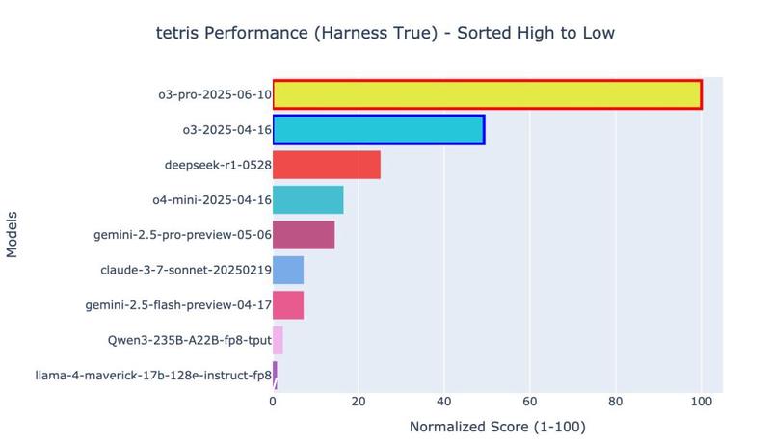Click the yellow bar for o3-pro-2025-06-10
tap(487, 94)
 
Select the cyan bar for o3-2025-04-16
tap(378, 129)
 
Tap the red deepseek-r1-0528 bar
tap(326, 165)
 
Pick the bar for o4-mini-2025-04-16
tap(307, 200)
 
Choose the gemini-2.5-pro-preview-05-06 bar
tap(304, 235)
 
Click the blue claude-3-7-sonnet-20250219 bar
tap(288, 271)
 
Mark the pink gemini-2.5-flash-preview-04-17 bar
tap(288, 305)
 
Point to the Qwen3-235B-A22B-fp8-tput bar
tap(278, 341)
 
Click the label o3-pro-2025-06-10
tap(215, 94)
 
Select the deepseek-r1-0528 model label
tap(218, 165)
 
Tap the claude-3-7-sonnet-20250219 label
tap(186, 271)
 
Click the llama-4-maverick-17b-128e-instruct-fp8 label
tap(153, 376)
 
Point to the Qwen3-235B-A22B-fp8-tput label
tap(190, 341)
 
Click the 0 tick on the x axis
tap(273, 402)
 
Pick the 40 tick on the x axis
tap(443, 402)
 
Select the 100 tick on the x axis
tap(701, 402)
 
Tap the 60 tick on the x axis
tap(529, 402)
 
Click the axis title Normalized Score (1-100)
tap(497, 427)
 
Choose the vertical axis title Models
tap(13, 235)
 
